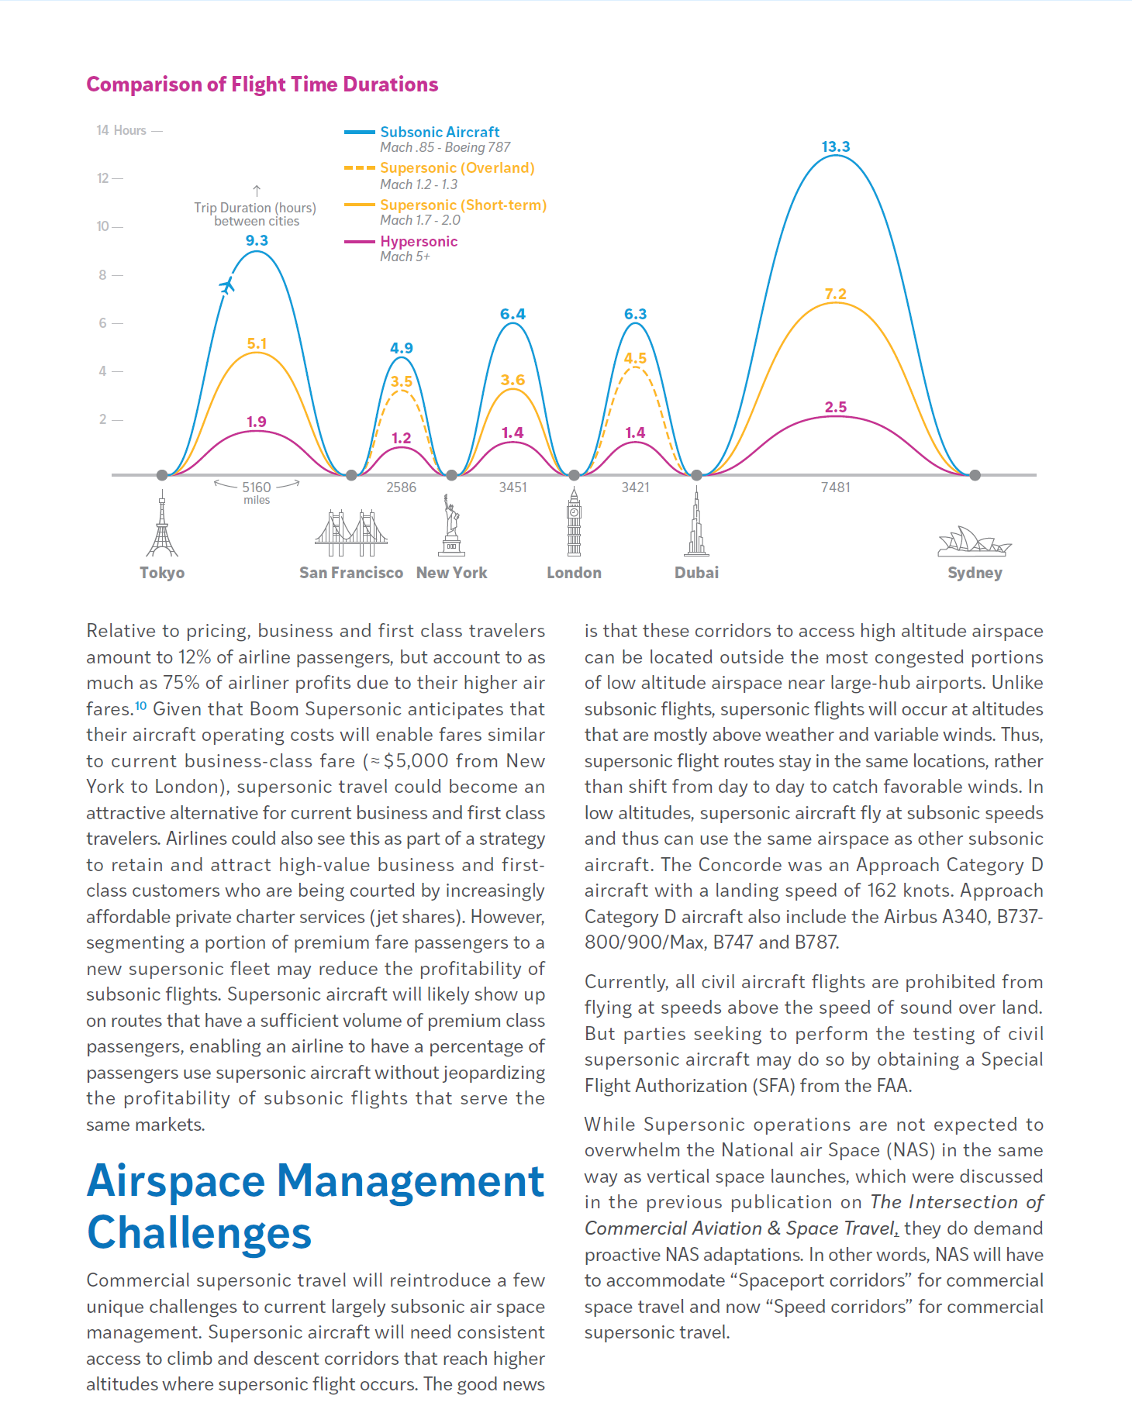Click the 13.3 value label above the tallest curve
pyautogui.click(x=835, y=146)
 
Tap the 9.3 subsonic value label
pyautogui.click(x=257, y=240)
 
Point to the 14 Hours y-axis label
pyautogui.click(x=121, y=130)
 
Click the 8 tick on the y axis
pyautogui.click(x=102, y=274)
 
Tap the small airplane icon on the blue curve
pyautogui.click(x=226, y=286)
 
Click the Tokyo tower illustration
pyautogui.click(x=162, y=523)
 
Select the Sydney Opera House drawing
pyautogui.click(x=975, y=542)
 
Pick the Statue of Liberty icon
pyautogui.click(x=451, y=525)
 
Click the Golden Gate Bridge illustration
pyautogui.click(x=351, y=533)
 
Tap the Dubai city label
pyautogui.click(x=696, y=573)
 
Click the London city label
pyautogui.click(x=574, y=573)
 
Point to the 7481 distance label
pyautogui.click(x=836, y=488)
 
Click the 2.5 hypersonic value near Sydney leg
pyautogui.click(x=836, y=407)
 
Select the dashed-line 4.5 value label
pyautogui.click(x=635, y=358)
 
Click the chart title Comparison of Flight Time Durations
pyautogui.click(x=262, y=84)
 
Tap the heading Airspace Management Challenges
pyautogui.click(x=316, y=1206)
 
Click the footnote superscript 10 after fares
pyautogui.click(x=140, y=705)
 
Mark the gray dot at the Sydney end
pyautogui.click(x=975, y=475)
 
